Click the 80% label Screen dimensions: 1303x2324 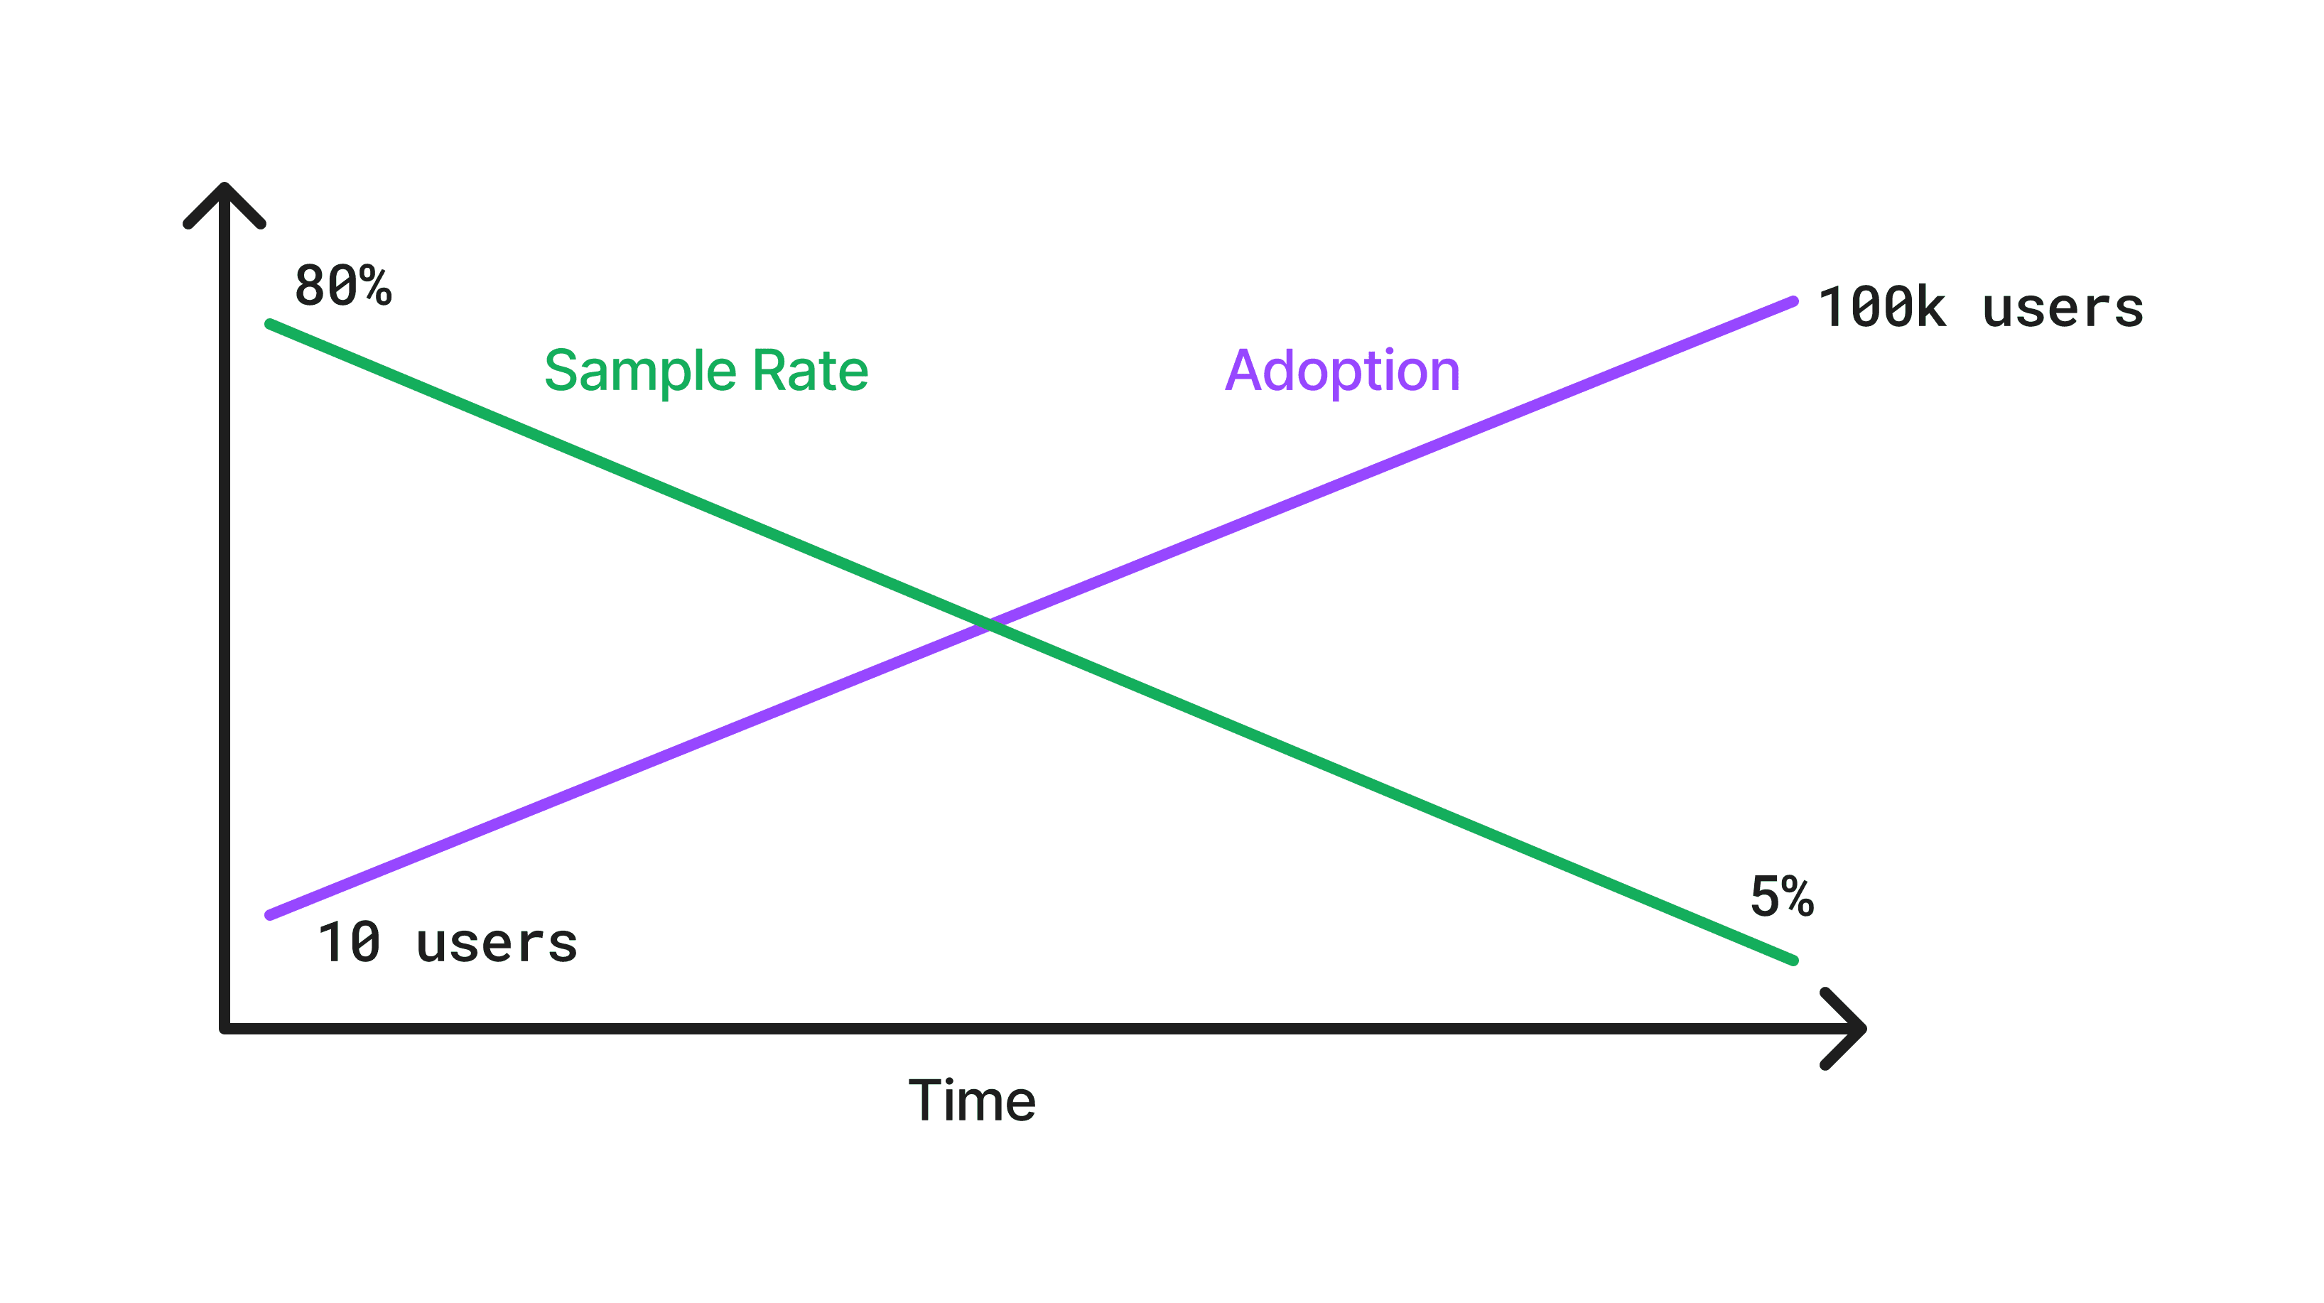point(343,286)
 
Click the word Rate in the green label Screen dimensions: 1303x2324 point(810,371)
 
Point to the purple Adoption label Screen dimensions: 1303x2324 point(1342,371)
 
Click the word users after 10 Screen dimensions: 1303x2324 point(496,944)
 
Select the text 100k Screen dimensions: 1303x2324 point(1882,308)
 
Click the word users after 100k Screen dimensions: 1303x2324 point(2063,308)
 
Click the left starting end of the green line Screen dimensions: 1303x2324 point(271,324)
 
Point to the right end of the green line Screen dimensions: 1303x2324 point(1793,960)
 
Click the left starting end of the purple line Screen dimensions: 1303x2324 point(271,914)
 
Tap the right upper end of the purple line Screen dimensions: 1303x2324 point(1793,302)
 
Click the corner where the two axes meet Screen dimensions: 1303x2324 point(225,1028)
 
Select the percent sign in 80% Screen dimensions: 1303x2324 point(375,286)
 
